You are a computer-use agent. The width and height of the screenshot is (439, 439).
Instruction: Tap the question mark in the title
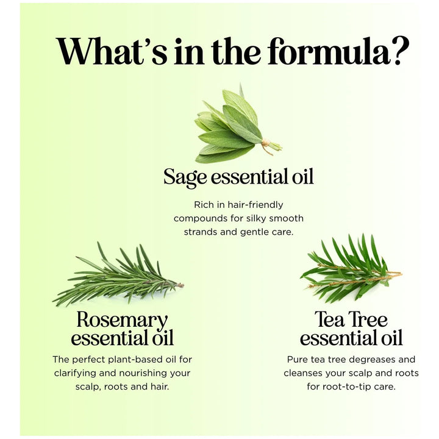pos(401,51)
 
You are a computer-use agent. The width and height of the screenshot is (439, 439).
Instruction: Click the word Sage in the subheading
pos(185,177)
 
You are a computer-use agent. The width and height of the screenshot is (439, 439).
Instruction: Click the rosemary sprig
pos(118,275)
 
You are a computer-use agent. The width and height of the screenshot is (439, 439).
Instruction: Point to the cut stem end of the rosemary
pos(181,285)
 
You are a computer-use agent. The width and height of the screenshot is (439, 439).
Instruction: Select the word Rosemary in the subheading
pos(122,321)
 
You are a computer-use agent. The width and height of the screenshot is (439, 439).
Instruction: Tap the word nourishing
pos(143,373)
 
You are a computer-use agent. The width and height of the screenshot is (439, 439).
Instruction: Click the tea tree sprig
pos(351,268)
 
